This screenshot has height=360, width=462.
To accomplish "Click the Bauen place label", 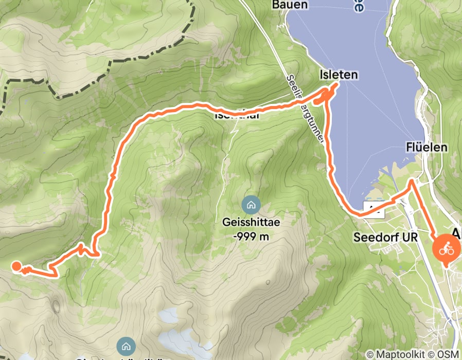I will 290,5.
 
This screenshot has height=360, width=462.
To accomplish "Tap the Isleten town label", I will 338,75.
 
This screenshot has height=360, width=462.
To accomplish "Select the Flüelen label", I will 427,148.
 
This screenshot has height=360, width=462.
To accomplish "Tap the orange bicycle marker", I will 446,249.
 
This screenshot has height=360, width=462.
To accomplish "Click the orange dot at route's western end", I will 16,266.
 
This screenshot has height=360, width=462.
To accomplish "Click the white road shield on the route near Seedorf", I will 374,208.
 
